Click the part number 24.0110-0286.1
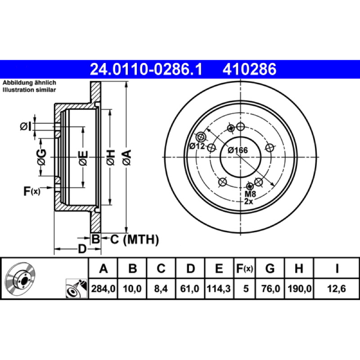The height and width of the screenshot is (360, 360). [x=146, y=69]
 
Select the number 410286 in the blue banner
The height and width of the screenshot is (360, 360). [x=249, y=69]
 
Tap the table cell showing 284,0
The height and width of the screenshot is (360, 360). [x=103, y=288]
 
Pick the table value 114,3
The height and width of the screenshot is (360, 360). [x=219, y=288]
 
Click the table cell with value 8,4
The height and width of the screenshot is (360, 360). [x=161, y=288]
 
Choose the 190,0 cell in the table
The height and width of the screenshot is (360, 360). [x=299, y=288]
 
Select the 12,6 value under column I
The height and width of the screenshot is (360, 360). [x=336, y=288]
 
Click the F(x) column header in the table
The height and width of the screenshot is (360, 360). [x=244, y=268]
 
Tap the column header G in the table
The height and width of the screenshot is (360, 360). [x=270, y=268]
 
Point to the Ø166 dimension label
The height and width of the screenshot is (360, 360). [x=238, y=150]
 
